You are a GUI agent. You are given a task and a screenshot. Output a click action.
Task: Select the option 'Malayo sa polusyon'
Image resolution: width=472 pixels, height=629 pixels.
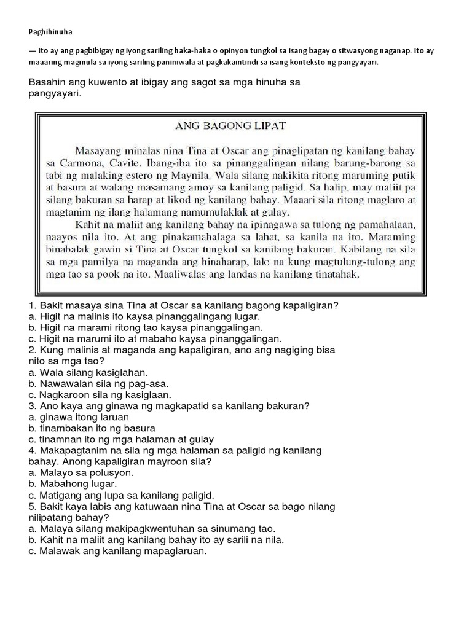tap(80, 472)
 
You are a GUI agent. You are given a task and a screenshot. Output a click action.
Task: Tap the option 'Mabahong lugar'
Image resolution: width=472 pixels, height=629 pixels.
tap(73, 483)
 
